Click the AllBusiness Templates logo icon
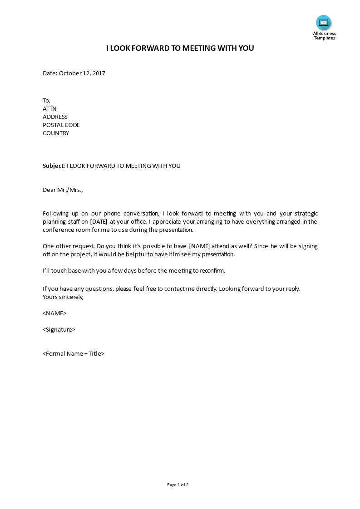(x=324, y=23)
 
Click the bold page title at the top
(x=180, y=49)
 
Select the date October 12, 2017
(x=82, y=73)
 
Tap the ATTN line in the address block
(x=49, y=109)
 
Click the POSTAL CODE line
(x=61, y=125)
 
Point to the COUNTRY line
(x=56, y=133)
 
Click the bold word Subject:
(x=54, y=166)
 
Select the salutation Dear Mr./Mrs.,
(x=63, y=190)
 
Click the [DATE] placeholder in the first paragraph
(x=99, y=222)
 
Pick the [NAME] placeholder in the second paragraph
(x=199, y=246)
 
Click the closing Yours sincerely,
(x=63, y=297)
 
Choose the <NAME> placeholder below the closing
(x=54, y=313)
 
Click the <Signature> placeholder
(x=59, y=330)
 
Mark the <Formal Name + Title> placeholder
(x=74, y=354)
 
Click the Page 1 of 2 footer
(x=178, y=485)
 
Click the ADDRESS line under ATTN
(x=55, y=117)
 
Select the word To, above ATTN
(x=46, y=101)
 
